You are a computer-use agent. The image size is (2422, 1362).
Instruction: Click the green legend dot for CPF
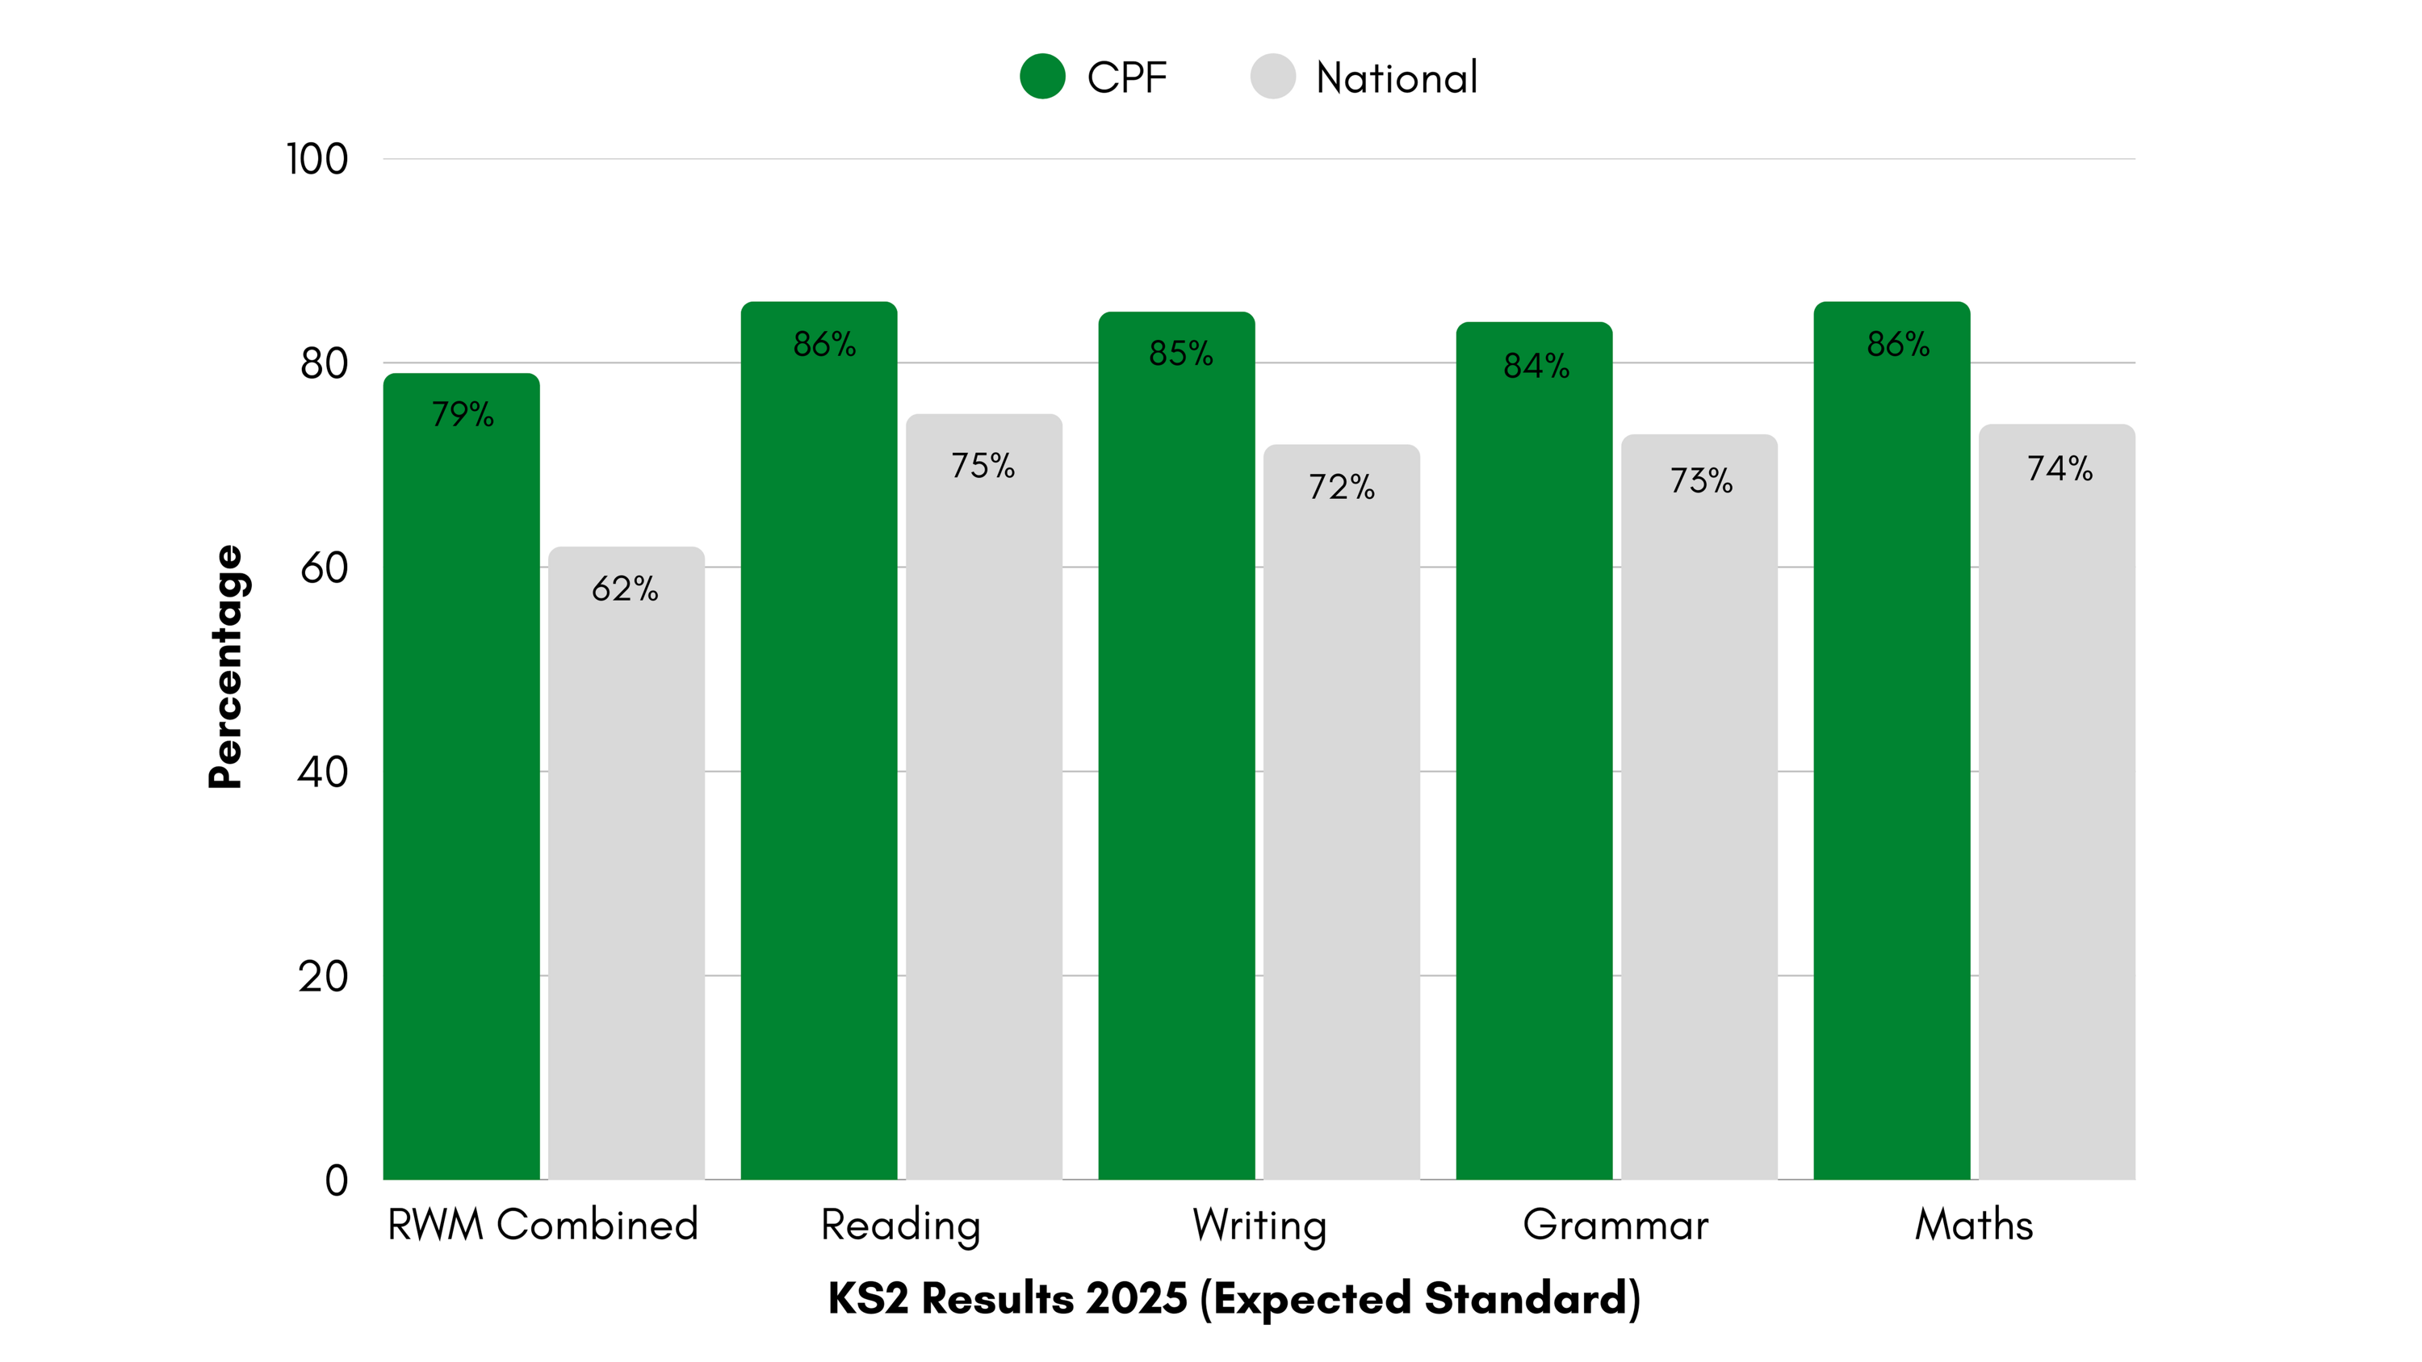point(1041,76)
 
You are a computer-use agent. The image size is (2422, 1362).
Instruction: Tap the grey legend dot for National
point(1272,76)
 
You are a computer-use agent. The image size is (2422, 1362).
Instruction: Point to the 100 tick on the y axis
point(316,159)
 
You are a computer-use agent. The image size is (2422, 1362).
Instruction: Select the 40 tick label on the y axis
point(322,772)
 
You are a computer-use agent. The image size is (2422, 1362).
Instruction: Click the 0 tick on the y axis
point(336,1180)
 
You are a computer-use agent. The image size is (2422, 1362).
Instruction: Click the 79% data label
point(463,413)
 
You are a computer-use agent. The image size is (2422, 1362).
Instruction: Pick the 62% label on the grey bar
point(625,589)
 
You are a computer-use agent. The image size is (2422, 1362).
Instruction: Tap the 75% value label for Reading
point(983,465)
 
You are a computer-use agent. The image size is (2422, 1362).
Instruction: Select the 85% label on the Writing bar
point(1181,354)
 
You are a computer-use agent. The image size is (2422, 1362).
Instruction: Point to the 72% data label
point(1342,487)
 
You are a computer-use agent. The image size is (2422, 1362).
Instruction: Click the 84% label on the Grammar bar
point(1536,366)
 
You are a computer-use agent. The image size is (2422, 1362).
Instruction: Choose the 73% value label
point(1701,480)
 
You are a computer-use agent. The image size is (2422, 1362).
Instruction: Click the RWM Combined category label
point(543,1225)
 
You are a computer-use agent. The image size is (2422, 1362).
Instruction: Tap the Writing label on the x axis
point(1259,1225)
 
